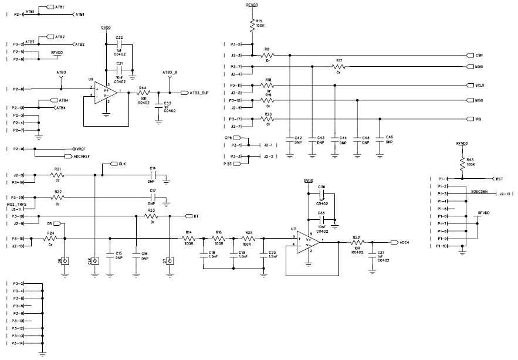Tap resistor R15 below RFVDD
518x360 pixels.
pos(252,25)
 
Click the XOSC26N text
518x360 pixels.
pos(479,191)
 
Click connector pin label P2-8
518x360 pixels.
pos(18,89)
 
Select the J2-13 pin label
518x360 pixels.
pos(505,193)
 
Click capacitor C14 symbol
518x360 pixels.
pos(153,175)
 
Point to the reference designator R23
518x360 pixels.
pos(151,210)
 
